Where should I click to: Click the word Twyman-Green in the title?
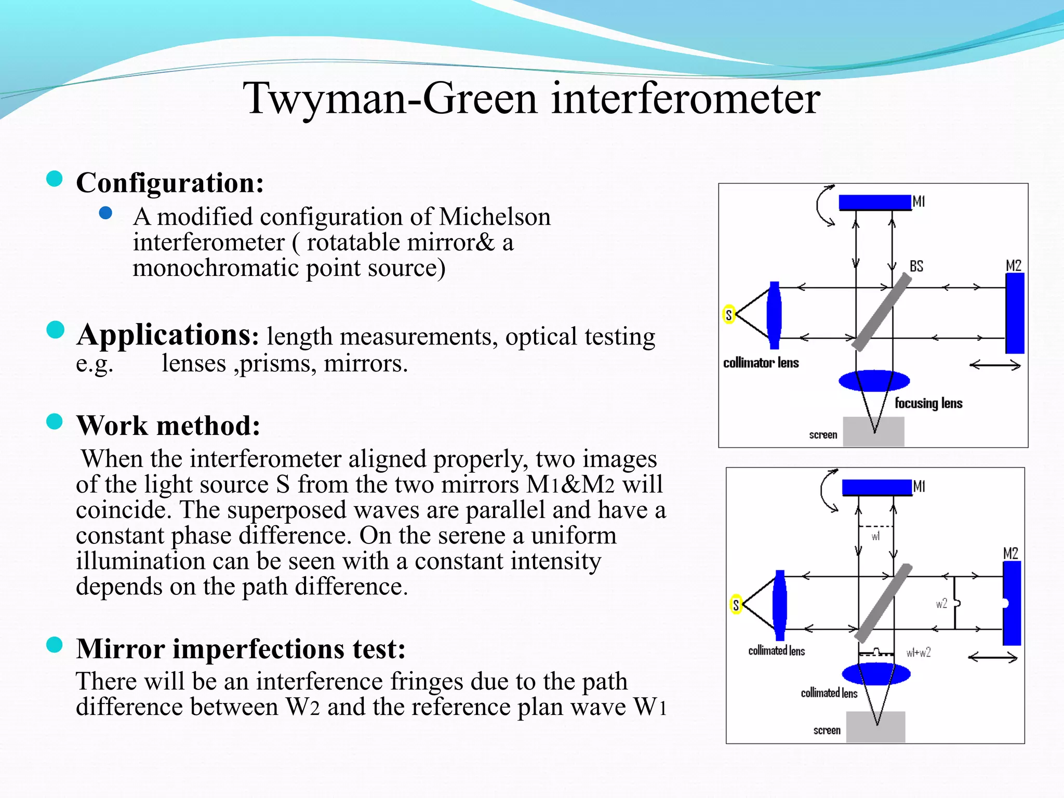coord(390,99)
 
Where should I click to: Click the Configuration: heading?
coord(170,183)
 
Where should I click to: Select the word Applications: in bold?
coord(167,335)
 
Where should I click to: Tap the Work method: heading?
coord(168,425)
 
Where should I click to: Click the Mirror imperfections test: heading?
coord(241,648)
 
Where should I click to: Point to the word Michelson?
coord(495,217)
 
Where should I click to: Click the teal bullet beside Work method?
coord(55,421)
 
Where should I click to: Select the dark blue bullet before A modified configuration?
coord(105,212)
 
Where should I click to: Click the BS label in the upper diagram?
coord(916,267)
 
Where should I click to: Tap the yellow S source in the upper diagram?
coord(729,314)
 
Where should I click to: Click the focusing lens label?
coord(928,403)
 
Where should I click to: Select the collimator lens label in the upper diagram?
coord(761,363)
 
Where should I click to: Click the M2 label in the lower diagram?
coord(1010,553)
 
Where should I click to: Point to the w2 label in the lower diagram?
coord(941,603)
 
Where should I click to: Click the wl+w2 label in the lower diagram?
coord(918,653)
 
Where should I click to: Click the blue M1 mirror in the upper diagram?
coord(875,202)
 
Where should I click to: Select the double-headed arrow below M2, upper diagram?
coord(995,366)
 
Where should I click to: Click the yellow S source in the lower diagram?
coord(736,604)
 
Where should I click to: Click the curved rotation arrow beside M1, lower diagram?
coord(827,490)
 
